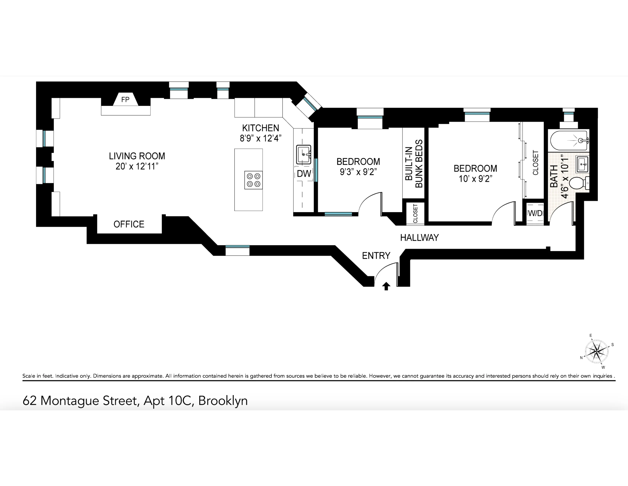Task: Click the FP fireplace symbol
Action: point(125,100)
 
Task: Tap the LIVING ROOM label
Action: point(137,156)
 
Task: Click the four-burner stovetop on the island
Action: point(253,180)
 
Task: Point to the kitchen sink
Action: point(303,155)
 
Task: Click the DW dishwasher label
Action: point(304,174)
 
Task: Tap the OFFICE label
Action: point(129,224)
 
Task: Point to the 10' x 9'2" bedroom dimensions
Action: point(475,179)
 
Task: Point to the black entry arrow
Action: point(386,286)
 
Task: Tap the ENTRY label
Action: point(376,256)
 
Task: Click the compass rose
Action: point(597,351)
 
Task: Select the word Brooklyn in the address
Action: point(223,401)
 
